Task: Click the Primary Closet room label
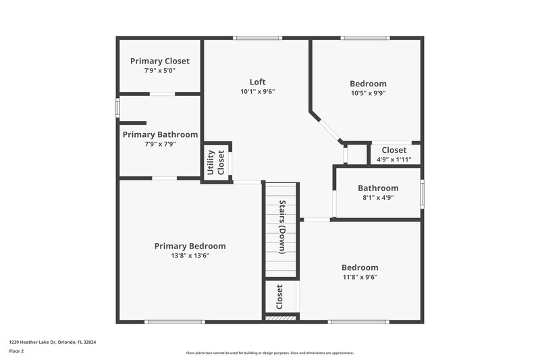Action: (159, 61)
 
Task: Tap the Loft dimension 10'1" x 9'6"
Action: (258, 91)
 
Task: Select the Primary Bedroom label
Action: (190, 246)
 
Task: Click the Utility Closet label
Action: (215, 163)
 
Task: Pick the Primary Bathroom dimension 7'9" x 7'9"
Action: (159, 144)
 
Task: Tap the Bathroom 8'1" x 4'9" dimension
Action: (378, 198)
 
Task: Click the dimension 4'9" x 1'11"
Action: (394, 159)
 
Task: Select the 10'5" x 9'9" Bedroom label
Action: (368, 84)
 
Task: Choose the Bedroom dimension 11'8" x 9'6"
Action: (359, 277)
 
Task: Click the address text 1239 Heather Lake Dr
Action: (53, 342)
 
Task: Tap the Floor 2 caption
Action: (16, 351)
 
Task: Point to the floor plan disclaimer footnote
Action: (269, 353)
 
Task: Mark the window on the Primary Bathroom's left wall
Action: (117, 107)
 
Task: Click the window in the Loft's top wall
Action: (257, 38)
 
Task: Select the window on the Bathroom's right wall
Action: (422, 192)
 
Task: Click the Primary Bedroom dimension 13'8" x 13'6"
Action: (190, 256)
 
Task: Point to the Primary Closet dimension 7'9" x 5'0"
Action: (159, 70)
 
